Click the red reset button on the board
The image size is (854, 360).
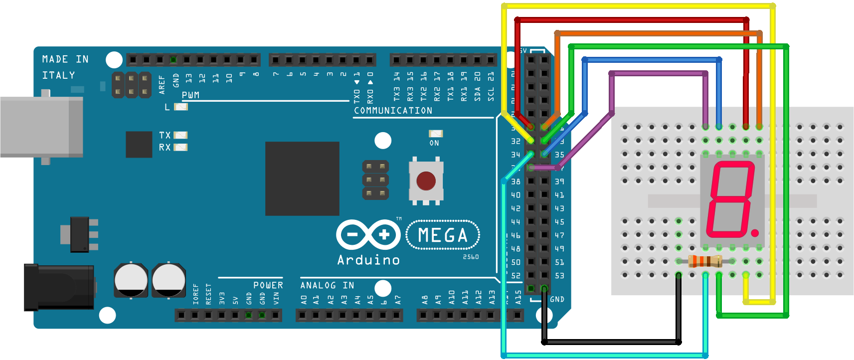[426, 181]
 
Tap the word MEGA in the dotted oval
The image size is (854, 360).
[443, 235]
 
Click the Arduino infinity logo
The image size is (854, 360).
[368, 234]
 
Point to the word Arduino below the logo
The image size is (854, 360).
[368, 260]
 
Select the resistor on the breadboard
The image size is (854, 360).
[705, 261]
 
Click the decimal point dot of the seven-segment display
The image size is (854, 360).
[755, 233]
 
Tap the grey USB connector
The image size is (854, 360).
[41, 127]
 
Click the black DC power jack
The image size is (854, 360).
[59, 287]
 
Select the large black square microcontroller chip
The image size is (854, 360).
[302, 179]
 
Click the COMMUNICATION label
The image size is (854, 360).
[393, 111]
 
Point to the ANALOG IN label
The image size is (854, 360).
[327, 285]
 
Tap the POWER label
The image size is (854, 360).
[268, 285]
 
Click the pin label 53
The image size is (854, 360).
[559, 276]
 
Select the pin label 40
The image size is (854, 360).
[515, 195]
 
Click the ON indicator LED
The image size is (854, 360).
[436, 134]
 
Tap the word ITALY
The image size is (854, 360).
[59, 75]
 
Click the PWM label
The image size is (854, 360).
[190, 95]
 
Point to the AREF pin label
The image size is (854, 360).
[162, 85]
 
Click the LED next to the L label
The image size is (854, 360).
[181, 107]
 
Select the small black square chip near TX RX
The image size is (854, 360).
[139, 144]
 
